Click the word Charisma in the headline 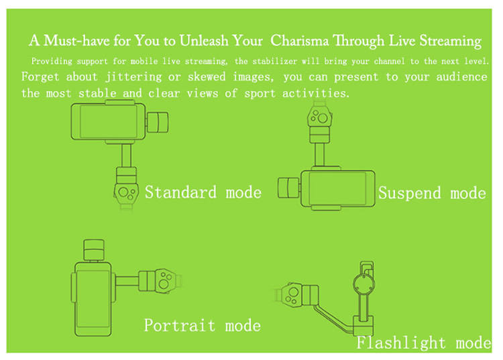click(x=300, y=41)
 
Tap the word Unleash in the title click(x=204, y=41)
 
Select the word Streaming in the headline click(x=451, y=42)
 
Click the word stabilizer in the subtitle click(x=274, y=61)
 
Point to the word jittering click(x=133, y=77)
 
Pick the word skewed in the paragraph click(x=207, y=76)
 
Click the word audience click(x=461, y=76)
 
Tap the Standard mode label click(x=203, y=192)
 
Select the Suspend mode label click(x=432, y=193)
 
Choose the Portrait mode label click(x=202, y=325)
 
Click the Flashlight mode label click(x=424, y=343)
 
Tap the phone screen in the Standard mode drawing click(x=109, y=122)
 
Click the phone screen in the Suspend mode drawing click(x=337, y=188)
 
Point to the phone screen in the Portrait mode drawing click(x=93, y=299)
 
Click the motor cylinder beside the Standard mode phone click(x=158, y=122)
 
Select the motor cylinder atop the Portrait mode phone click(x=94, y=250)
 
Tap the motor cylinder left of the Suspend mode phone click(x=289, y=188)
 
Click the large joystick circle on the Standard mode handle click(x=123, y=192)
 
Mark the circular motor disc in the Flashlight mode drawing click(x=364, y=284)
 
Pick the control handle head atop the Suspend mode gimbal click(x=319, y=117)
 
